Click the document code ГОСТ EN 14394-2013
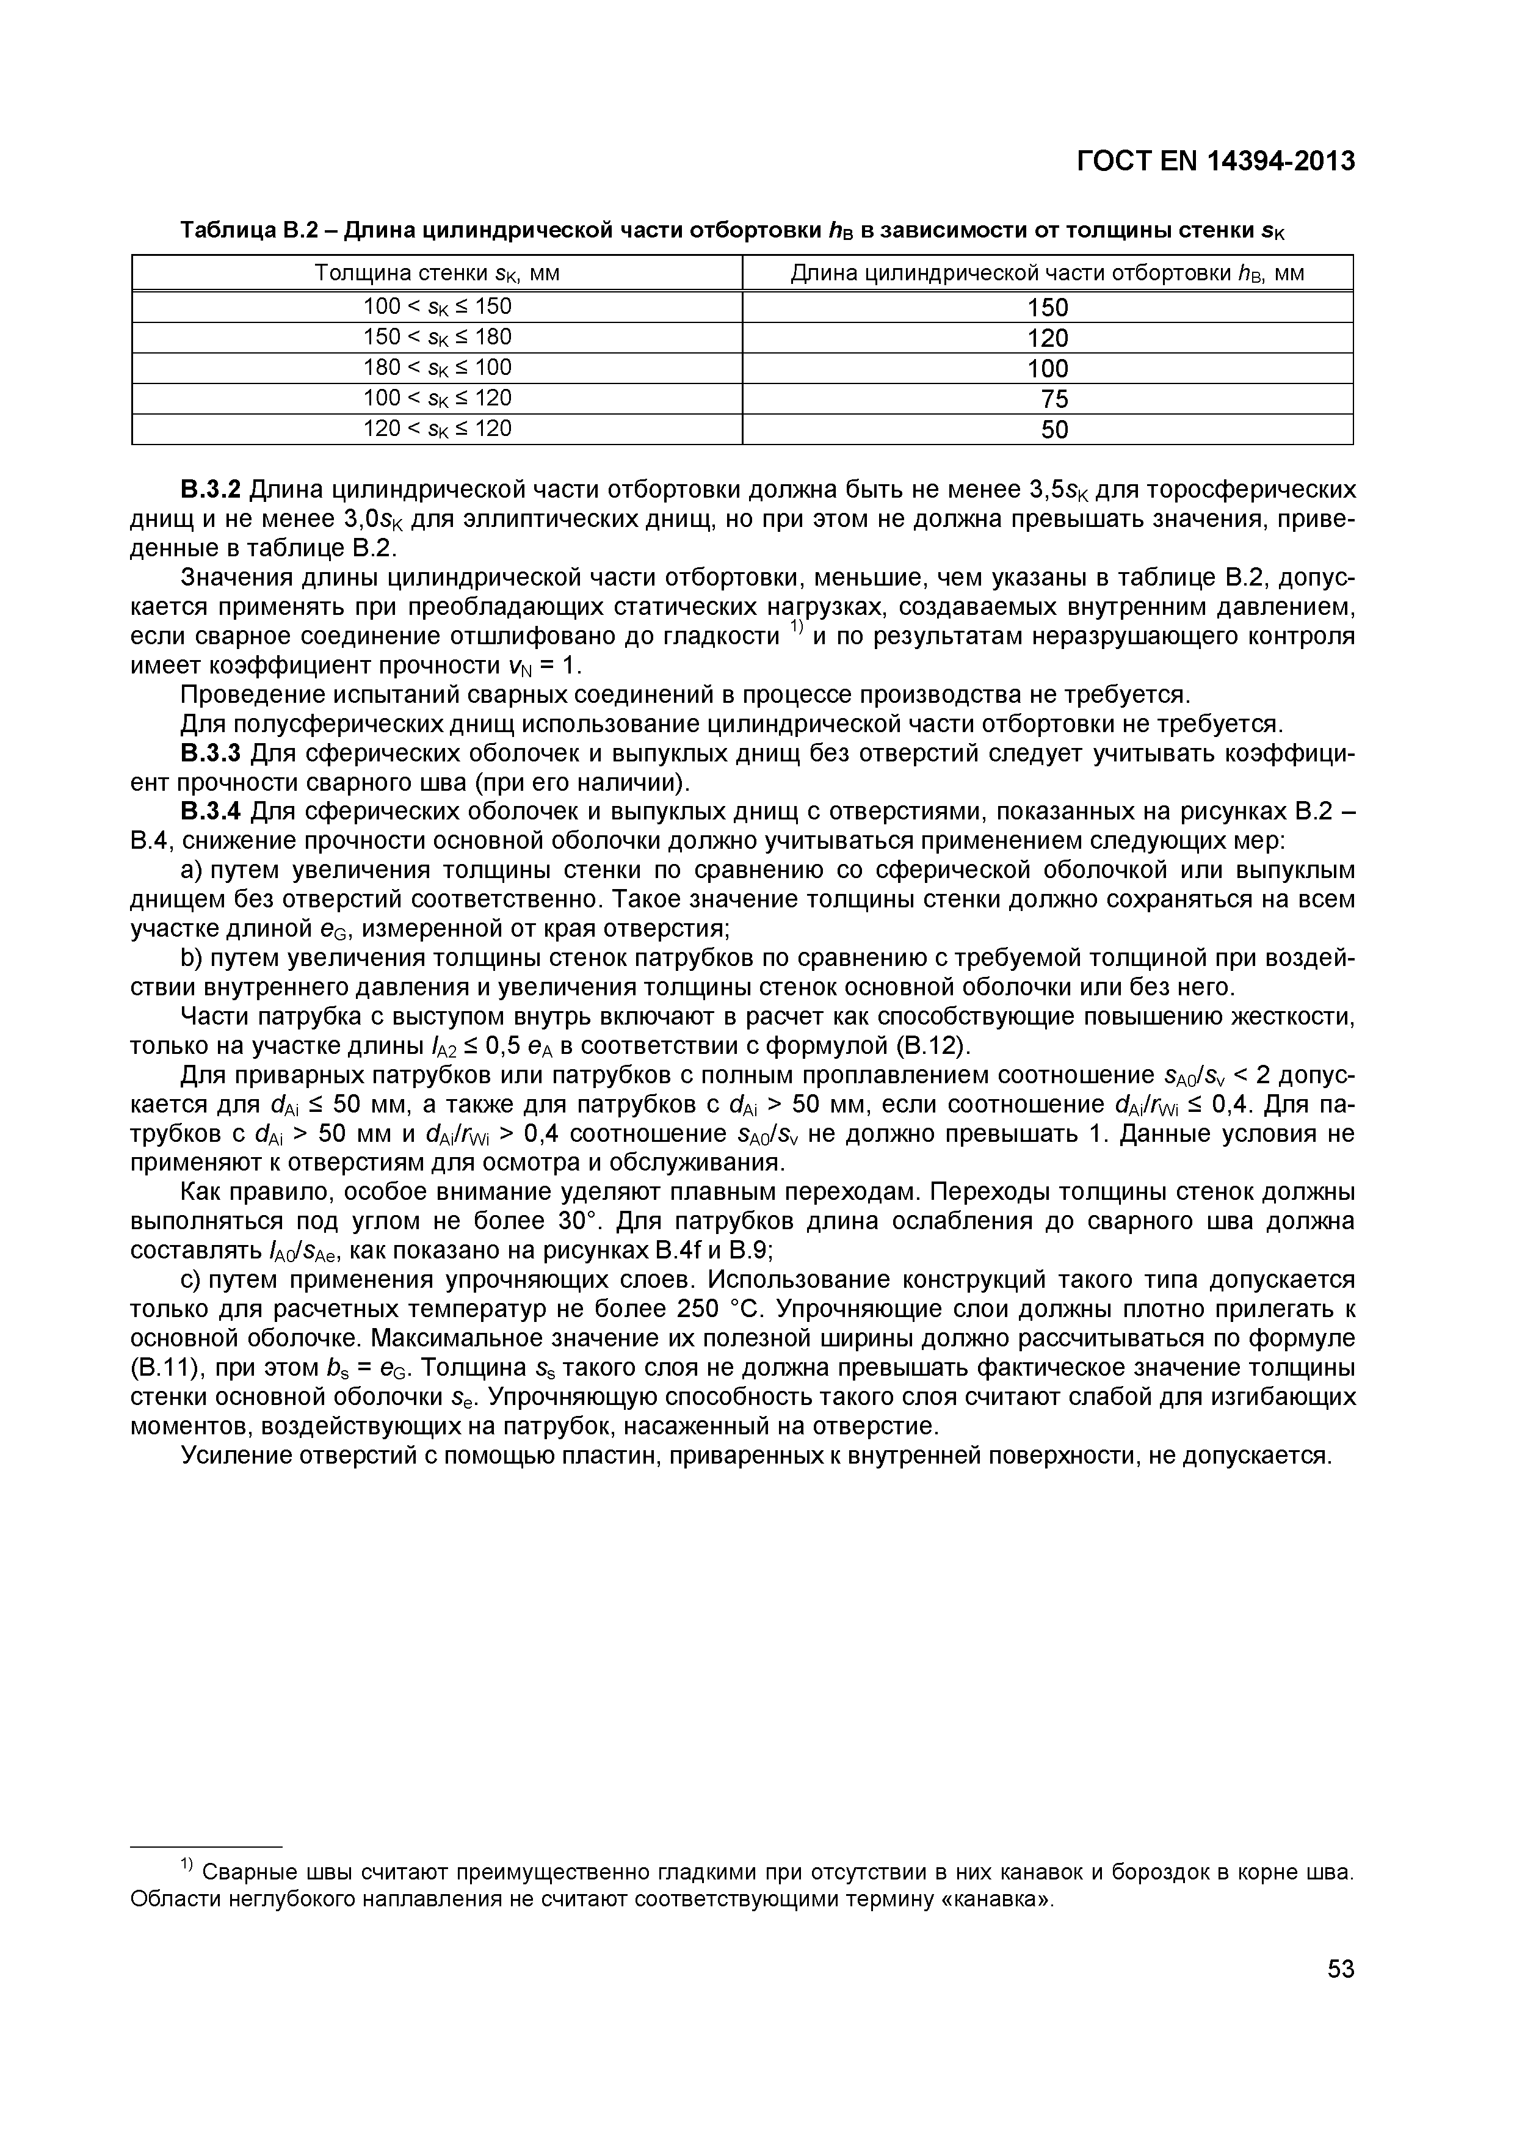pos(1215,161)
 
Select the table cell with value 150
pos(1046,307)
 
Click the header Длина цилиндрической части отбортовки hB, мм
pos(1046,274)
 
